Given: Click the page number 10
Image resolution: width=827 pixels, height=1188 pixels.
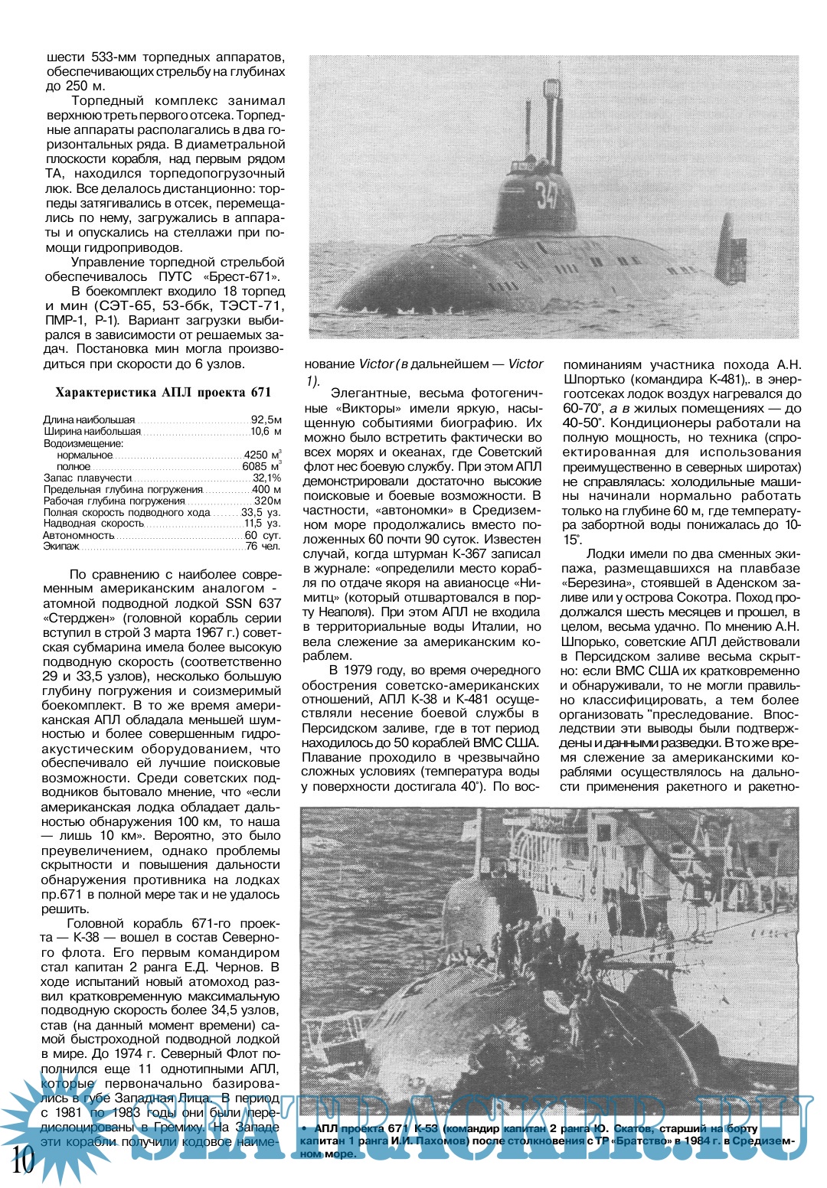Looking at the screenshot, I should coord(23,1160).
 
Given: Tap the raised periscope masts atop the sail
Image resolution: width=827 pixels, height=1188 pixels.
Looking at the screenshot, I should coord(550,122).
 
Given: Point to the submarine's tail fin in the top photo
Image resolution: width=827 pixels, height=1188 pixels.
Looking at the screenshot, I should coord(731,249).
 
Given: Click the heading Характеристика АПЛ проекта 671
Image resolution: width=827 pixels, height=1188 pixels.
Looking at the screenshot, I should coord(163,393).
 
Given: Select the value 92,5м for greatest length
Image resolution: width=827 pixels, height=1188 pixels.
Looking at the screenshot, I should coord(266,420).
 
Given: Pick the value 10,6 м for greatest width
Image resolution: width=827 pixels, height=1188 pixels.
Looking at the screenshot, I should coord(266,432).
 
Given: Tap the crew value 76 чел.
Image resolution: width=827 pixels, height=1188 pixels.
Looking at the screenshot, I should coord(263,547).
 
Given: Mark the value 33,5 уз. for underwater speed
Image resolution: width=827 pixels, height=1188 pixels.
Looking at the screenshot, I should coord(261,512).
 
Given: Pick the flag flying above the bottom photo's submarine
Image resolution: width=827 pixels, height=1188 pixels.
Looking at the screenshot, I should coord(472,826).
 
